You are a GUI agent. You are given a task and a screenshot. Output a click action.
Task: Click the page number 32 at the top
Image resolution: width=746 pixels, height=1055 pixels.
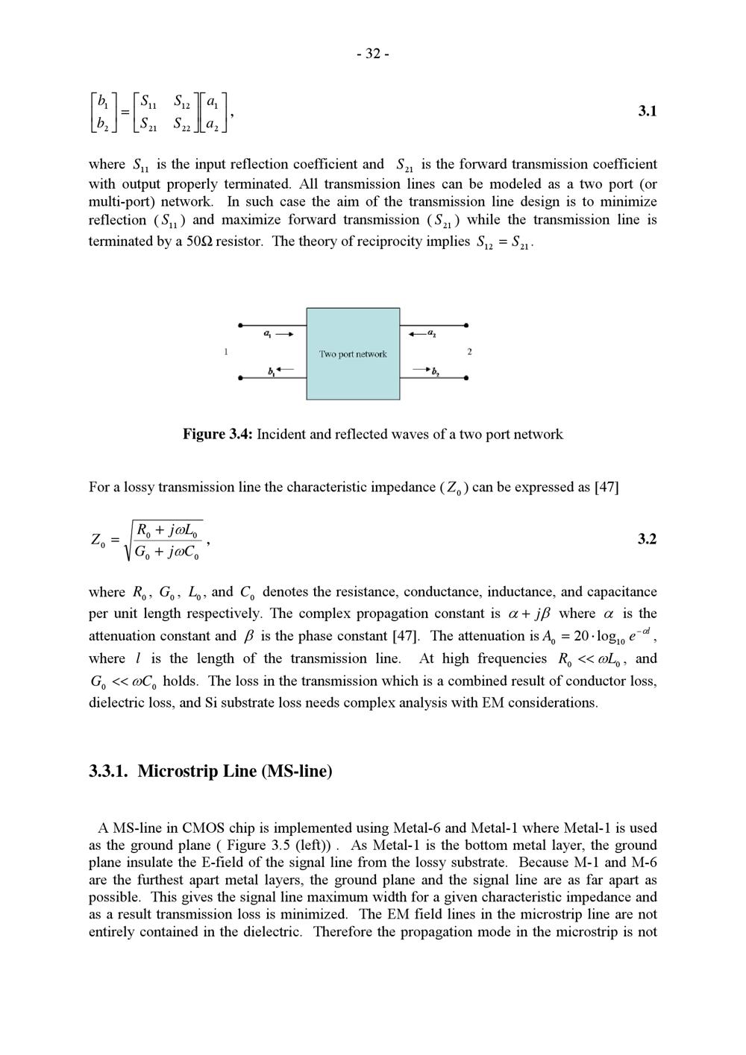point(373,54)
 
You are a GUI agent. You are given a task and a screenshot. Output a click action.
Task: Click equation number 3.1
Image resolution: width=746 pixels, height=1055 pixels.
point(647,111)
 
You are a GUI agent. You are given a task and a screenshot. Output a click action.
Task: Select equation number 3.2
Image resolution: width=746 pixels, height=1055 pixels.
point(647,538)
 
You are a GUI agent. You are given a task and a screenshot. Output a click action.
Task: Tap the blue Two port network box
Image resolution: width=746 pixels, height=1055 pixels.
point(353,353)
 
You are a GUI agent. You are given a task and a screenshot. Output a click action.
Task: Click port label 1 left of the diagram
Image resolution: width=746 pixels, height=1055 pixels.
point(226,351)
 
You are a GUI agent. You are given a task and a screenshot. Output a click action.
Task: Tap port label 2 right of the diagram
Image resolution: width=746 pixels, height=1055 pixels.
point(469,351)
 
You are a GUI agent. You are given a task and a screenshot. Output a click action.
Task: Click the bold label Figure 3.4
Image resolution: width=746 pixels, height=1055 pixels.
point(218,434)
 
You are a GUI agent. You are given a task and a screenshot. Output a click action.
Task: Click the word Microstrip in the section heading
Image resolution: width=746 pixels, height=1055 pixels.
point(178,771)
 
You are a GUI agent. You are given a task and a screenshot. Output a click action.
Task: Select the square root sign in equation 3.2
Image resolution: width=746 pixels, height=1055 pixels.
point(127,541)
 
